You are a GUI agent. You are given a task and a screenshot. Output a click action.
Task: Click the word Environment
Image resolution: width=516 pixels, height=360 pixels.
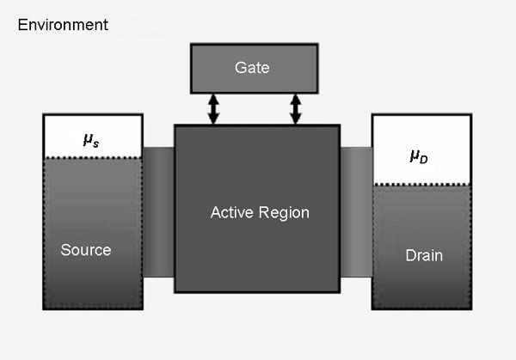point(63,24)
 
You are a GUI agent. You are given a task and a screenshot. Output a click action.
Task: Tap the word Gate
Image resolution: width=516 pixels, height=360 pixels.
point(251,67)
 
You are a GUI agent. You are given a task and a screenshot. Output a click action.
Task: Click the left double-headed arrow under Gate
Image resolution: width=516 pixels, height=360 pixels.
point(213,109)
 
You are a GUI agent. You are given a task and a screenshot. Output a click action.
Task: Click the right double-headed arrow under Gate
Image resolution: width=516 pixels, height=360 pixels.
point(295,109)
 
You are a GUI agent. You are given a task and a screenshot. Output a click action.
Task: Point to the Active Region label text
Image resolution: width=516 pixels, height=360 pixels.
point(259,211)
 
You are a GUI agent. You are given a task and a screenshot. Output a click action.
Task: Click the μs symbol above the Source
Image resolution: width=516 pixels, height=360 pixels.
point(90,140)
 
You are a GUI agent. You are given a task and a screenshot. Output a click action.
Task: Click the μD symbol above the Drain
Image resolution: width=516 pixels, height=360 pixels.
point(418,156)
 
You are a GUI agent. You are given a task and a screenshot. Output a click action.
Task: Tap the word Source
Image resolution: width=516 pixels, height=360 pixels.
point(86,250)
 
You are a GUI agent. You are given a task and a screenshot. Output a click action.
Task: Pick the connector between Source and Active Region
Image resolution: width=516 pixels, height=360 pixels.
point(159,211)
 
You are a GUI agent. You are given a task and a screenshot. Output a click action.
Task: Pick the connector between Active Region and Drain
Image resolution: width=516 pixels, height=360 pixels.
point(356,211)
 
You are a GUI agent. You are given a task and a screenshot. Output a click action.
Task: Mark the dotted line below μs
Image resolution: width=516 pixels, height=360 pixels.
point(92,157)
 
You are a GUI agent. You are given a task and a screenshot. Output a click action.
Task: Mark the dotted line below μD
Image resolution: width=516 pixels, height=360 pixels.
point(421,185)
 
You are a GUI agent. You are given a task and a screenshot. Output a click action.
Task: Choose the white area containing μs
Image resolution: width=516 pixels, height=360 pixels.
point(92,135)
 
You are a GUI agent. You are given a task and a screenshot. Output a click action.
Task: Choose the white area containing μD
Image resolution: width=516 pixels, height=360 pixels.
point(421,150)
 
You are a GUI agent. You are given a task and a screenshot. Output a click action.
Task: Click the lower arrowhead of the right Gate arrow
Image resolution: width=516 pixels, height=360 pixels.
point(295,119)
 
